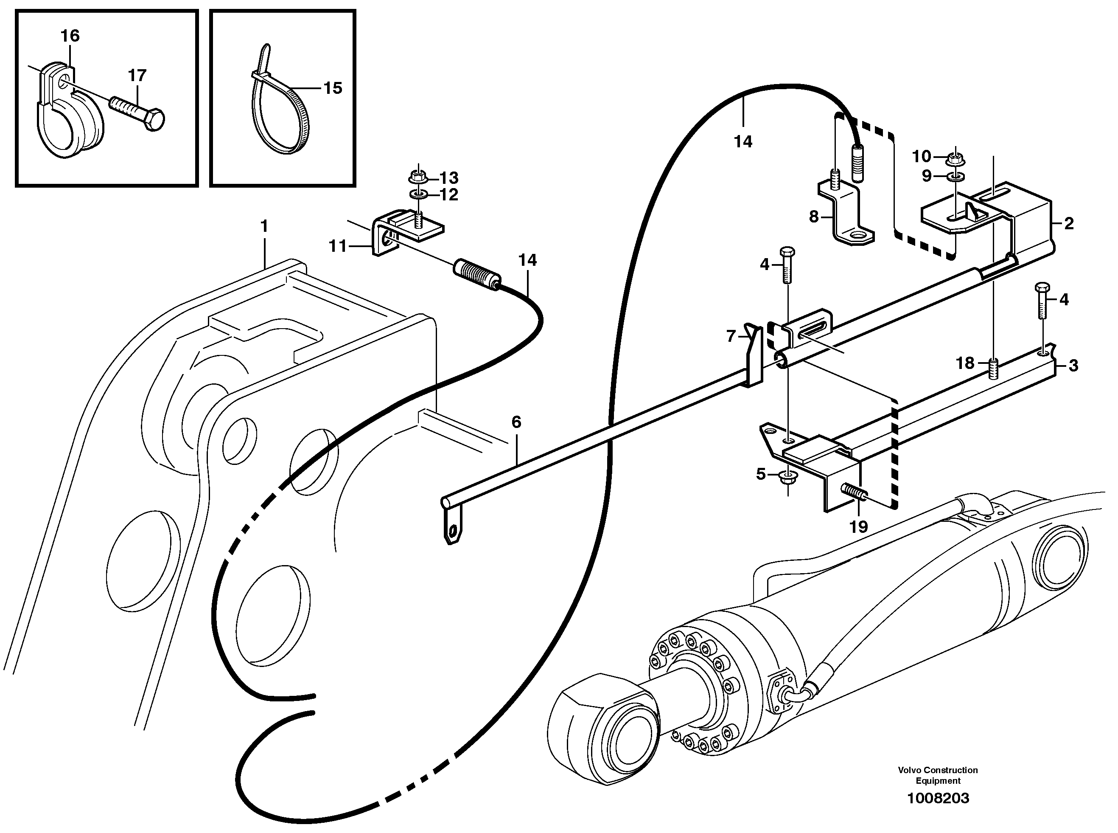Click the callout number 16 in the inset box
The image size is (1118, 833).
pyautogui.click(x=70, y=36)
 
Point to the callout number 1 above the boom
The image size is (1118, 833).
pyautogui.click(x=263, y=226)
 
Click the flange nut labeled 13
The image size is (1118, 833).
pyautogui.click(x=417, y=177)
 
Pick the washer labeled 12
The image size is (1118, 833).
pyautogui.click(x=417, y=194)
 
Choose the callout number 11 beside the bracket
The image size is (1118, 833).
pyautogui.click(x=338, y=246)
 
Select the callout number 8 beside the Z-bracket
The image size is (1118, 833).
pyautogui.click(x=814, y=217)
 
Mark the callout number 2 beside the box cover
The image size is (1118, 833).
pyautogui.click(x=1069, y=223)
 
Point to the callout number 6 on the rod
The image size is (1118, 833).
pyautogui.click(x=516, y=422)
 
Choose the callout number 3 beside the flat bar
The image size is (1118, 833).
pyautogui.click(x=1073, y=366)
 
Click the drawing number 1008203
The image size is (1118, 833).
pyautogui.click(x=938, y=798)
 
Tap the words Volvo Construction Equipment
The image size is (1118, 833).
pyautogui.click(x=938, y=775)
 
